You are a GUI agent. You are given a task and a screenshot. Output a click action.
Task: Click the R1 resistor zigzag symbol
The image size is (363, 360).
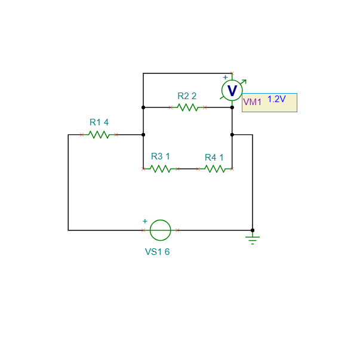99,134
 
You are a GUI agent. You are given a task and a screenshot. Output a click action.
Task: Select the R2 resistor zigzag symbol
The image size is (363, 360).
187,107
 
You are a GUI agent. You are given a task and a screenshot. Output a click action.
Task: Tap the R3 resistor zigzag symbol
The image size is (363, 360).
161,169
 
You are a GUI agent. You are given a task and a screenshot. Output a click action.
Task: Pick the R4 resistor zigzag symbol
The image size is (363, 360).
215,169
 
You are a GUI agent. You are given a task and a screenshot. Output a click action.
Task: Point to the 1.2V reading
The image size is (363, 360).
276,99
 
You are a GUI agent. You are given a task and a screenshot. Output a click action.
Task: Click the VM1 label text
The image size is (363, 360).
252,102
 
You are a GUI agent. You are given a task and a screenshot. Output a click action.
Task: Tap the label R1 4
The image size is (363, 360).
99,122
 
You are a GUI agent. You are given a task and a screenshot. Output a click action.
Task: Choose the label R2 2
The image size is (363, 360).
187,96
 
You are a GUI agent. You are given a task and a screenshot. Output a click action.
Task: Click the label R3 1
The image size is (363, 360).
161,156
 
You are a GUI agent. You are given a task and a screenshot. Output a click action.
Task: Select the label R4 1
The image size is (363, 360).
214,158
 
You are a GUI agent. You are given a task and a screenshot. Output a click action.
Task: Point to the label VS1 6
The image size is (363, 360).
157,252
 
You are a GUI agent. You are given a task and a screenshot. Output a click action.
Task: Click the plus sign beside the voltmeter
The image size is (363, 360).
225,78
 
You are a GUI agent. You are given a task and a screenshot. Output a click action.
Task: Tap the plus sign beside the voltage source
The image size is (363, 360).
145,221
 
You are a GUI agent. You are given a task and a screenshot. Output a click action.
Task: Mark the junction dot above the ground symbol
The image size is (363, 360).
253,230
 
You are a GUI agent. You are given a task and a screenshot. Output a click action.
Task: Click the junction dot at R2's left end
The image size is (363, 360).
143,107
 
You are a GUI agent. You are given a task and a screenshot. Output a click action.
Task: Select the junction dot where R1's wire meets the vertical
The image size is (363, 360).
143,135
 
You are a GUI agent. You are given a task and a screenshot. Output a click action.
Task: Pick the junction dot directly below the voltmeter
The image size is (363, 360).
232,107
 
